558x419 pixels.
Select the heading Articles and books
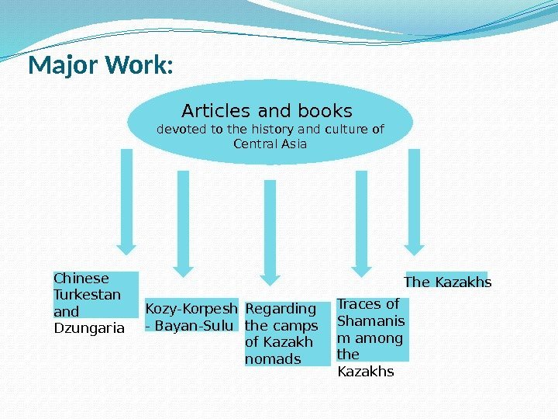click(267, 110)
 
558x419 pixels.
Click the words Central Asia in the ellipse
click(270, 144)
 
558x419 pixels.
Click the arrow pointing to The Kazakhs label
click(414, 202)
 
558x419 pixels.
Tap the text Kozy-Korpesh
click(191, 309)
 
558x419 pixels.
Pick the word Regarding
click(281, 309)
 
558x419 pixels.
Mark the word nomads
click(273, 358)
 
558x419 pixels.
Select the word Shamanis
click(370, 321)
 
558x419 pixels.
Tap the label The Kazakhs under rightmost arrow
click(448, 282)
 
